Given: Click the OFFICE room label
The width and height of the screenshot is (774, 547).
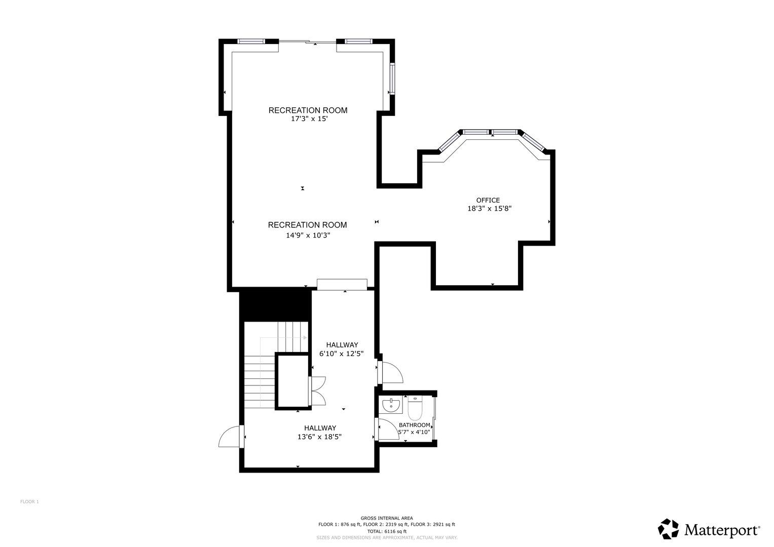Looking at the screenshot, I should pyautogui.click(x=488, y=200).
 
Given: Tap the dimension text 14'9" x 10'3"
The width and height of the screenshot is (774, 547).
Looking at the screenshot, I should pyautogui.click(x=308, y=235).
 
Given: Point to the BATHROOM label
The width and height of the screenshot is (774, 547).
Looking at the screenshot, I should pyautogui.click(x=414, y=425).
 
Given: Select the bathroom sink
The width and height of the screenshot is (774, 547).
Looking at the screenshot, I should pyautogui.click(x=391, y=405).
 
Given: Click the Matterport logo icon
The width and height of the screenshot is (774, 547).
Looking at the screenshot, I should pyautogui.click(x=668, y=529).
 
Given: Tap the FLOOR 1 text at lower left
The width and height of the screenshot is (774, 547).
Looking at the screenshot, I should pyautogui.click(x=29, y=502).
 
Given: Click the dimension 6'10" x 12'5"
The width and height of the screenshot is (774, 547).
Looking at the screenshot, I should pyautogui.click(x=341, y=354).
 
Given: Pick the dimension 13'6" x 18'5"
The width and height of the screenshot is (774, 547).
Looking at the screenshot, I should pyautogui.click(x=319, y=437).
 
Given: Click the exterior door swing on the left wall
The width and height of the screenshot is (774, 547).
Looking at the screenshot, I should pyautogui.click(x=230, y=437).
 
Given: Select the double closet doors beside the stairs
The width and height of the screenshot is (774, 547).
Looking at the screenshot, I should pyautogui.click(x=318, y=390).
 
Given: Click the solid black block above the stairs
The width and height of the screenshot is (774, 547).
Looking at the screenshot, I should pyautogui.click(x=275, y=304).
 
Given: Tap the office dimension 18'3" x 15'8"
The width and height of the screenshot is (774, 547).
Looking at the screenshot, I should pyautogui.click(x=489, y=208).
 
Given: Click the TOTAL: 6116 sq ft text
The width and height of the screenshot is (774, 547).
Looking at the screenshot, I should pyautogui.click(x=387, y=531).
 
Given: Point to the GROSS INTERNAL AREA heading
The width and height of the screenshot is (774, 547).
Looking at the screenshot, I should pyautogui.click(x=387, y=518).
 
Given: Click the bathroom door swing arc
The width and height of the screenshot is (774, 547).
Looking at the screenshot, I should pyautogui.click(x=389, y=430).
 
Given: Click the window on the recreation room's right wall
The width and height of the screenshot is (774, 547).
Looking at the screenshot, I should pyautogui.click(x=392, y=79).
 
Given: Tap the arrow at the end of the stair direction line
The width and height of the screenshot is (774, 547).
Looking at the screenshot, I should pyautogui.click(x=305, y=337).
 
